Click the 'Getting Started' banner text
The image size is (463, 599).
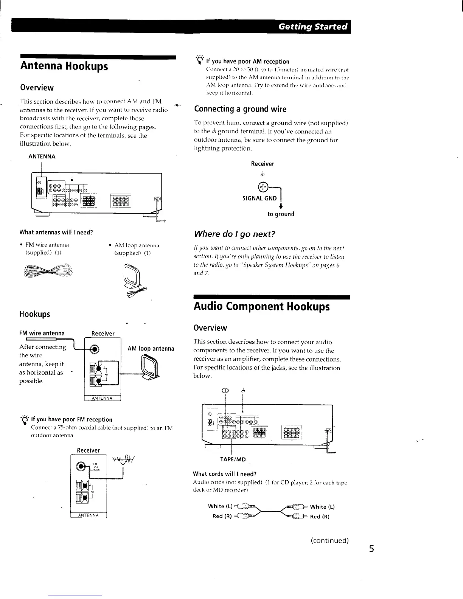pyautogui.click(x=312, y=26)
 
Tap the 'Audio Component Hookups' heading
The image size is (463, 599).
pyautogui.click(x=261, y=306)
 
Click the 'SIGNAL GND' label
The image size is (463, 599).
pyautogui.click(x=259, y=199)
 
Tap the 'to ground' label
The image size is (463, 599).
pyautogui.click(x=280, y=214)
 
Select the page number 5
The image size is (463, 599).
pyautogui.click(x=371, y=548)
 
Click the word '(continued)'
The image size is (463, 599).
pyautogui.click(x=329, y=540)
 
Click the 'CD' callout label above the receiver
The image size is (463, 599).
pyautogui.click(x=225, y=391)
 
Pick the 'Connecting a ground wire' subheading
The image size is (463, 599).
pyautogui.click(x=240, y=109)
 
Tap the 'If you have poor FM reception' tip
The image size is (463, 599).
pyautogui.click(x=71, y=419)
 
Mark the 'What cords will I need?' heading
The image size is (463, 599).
pyautogui.click(x=225, y=474)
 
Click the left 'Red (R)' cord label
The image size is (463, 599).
pyautogui.click(x=222, y=517)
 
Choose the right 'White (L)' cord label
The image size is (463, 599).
pyautogui.click(x=322, y=507)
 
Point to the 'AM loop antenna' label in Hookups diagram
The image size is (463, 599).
pyautogui.click(x=151, y=348)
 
